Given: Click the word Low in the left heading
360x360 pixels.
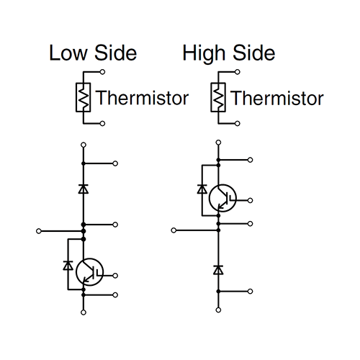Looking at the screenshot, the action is click(68, 53).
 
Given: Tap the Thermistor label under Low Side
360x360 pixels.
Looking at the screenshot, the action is click(142, 98).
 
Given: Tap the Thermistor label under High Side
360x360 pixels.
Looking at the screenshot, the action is click(277, 98).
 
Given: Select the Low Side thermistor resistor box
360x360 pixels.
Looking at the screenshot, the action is click(76, 97).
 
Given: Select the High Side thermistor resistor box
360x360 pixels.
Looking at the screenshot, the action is click(211, 97).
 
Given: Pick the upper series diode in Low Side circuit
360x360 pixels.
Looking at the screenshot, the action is click(84, 189).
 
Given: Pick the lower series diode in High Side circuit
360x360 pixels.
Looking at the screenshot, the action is click(218, 270).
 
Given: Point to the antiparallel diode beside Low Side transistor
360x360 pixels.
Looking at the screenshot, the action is click(68, 265).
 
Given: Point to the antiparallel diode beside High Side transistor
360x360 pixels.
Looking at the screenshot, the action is click(202, 189).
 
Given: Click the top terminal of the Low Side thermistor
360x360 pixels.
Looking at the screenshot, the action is click(102, 72).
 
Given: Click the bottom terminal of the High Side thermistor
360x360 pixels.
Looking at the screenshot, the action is click(238, 124).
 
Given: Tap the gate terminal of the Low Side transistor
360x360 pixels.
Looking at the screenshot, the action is click(115, 276).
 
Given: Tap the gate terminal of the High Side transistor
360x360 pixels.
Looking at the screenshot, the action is click(250, 200).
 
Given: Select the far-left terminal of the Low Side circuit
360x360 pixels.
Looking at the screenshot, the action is click(39, 231).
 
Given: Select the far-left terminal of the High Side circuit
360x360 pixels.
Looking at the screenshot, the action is click(174, 230).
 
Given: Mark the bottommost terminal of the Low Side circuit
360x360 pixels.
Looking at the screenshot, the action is click(84, 312).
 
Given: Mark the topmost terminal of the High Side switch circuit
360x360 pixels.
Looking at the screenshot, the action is click(218, 143).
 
